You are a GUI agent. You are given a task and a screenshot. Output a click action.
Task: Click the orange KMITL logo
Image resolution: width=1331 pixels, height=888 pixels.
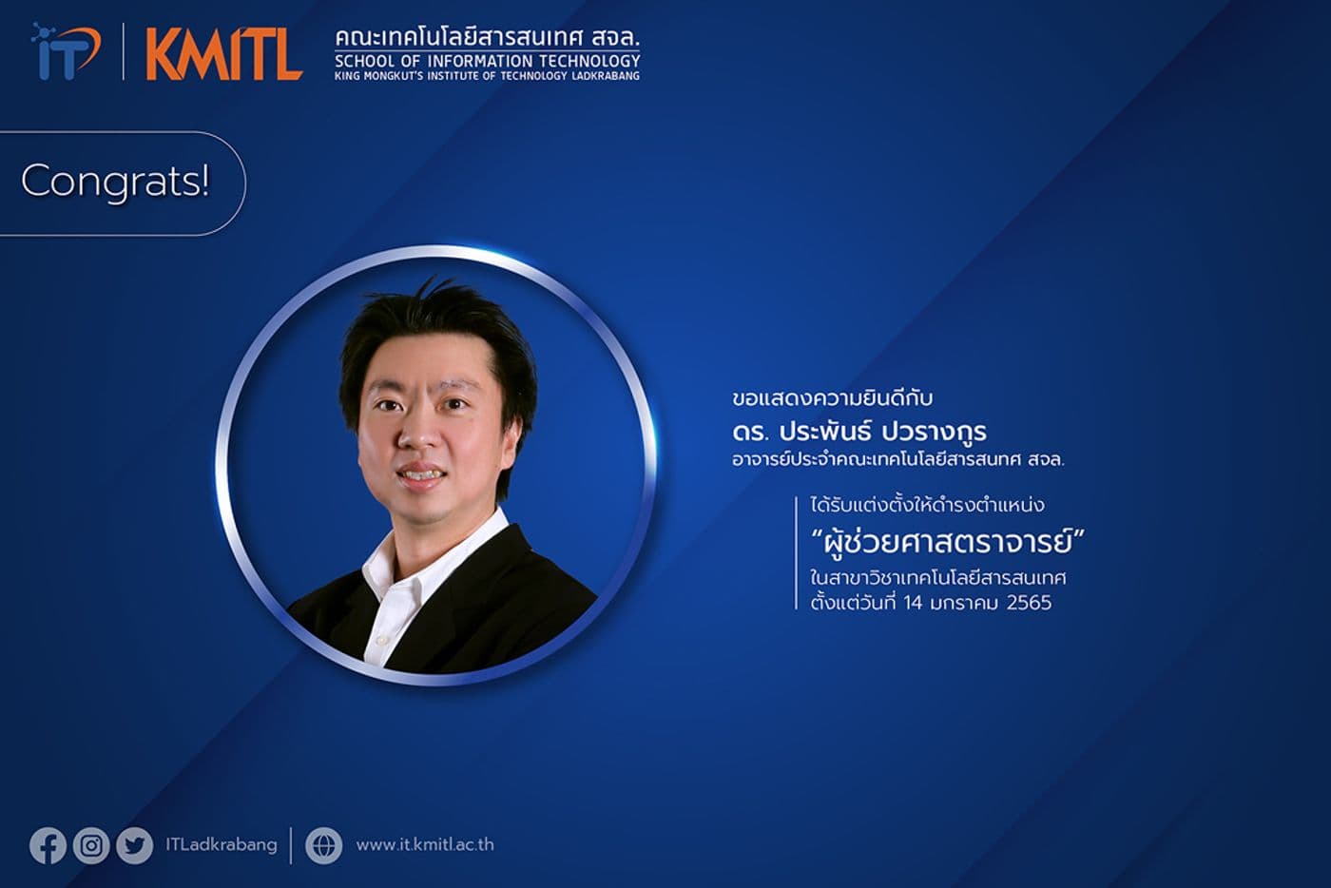[223, 55]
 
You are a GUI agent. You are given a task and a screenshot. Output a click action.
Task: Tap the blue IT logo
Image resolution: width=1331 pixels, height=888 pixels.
[66, 51]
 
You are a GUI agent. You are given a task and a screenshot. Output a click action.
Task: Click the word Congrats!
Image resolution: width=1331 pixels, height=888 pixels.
[115, 181]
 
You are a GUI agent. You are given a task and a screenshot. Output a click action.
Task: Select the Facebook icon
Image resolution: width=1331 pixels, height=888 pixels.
[48, 845]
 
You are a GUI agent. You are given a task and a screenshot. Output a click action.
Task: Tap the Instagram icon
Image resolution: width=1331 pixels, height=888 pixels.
[91, 845]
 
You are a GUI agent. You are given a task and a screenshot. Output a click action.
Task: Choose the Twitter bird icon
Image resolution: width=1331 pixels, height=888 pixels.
[134, 845]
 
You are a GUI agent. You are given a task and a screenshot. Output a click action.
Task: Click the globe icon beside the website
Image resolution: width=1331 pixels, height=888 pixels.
[323, 845]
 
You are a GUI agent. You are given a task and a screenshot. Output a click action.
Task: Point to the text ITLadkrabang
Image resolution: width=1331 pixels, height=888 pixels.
[221, 844]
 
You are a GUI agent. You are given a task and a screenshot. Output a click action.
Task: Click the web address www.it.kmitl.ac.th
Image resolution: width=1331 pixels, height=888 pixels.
[424, 844]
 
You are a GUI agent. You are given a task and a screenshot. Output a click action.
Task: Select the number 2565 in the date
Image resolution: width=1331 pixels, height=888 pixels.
[1028, 602]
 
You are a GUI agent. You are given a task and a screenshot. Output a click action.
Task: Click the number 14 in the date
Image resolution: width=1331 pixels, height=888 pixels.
[914, 602]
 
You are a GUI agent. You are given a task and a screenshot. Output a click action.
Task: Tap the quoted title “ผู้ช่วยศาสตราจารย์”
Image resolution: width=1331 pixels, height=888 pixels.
[947, 543]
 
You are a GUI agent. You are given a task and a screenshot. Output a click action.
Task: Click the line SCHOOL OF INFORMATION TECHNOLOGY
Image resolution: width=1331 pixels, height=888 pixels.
[487, 61]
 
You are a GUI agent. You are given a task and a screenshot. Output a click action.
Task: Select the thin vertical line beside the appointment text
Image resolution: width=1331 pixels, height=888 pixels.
[796, 552]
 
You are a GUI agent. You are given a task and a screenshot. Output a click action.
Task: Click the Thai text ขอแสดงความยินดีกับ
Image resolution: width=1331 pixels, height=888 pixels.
[832, 397]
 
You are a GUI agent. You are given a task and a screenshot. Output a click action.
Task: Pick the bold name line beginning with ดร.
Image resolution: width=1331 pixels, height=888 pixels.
[859, 431]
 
